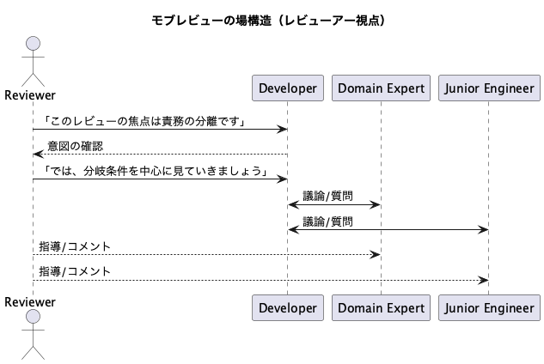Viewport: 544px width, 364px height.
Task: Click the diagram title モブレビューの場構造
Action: point(211,21)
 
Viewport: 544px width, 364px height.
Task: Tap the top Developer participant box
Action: point(288,88)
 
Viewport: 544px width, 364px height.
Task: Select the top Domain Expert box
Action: point(381,88)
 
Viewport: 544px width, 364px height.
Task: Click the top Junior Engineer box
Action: point(489,88)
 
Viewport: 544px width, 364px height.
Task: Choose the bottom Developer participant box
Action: point(288,308)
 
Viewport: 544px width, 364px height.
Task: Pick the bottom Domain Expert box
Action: point(381,308)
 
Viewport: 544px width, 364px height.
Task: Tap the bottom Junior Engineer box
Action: point(489,308)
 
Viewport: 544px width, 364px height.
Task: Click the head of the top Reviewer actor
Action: point(33,43)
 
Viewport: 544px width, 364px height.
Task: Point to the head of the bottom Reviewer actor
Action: point(33,317)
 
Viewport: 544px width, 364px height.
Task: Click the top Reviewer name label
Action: point(30,95)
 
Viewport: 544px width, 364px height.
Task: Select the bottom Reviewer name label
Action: point(30,302)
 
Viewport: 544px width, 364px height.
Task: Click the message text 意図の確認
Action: point(76,146)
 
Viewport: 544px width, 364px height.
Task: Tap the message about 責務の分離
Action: point(144,121)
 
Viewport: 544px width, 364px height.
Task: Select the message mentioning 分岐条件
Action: point(155,171)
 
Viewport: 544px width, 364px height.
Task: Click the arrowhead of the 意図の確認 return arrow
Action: point(38,155)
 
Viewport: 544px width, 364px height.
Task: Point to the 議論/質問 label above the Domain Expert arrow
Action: point(327,197)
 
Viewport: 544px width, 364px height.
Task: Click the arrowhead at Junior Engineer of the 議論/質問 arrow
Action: point(484,229)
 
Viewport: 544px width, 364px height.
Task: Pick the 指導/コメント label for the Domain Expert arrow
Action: point(75,246)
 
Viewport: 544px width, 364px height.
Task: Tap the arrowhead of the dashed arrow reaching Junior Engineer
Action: point(484,280)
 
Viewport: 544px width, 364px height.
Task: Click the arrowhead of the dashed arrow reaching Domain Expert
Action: point(376,255)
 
